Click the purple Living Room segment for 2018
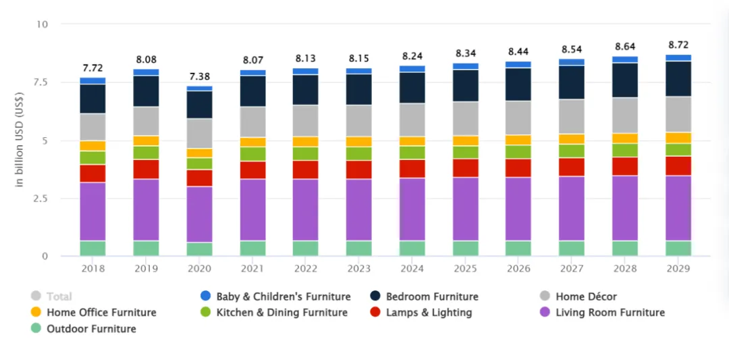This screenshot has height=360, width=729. point(92,211)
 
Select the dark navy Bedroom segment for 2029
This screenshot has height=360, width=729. point(678,78)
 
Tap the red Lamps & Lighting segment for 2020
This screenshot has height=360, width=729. point(199,178)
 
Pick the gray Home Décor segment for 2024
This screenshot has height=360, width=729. point(412,120)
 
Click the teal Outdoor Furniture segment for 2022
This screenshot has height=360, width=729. point(305,249)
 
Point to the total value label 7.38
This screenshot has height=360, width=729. point(199,77)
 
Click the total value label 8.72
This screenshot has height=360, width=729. point(678,44)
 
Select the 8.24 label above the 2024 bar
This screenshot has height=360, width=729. point(412,56)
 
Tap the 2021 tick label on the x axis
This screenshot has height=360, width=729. point(252,269)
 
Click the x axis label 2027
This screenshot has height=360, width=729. point(572,269)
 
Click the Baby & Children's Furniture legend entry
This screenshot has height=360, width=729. point(283,297)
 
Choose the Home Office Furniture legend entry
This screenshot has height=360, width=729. point(101,313)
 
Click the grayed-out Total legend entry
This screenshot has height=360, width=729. point(59,297)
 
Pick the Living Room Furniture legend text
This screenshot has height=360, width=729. point(610,313)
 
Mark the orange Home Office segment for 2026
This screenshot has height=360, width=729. point(518,140)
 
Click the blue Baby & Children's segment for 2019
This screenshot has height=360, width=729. point(146,72)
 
